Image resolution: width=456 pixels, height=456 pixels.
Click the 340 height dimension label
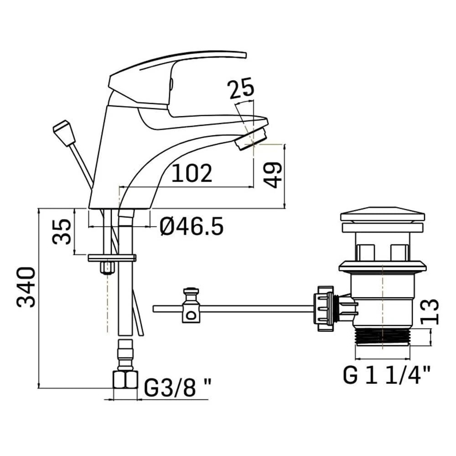26,287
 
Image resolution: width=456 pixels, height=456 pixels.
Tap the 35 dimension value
62,232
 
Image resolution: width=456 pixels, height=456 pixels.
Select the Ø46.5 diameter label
192,226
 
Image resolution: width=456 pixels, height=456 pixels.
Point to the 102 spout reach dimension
192,173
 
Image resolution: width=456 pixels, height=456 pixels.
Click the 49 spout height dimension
273,175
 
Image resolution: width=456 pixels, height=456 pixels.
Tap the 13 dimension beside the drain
430,312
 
